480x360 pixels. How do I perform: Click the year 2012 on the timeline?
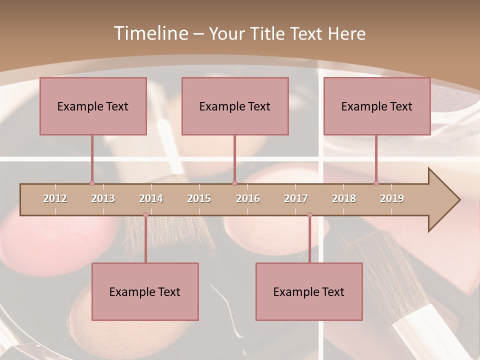pos(55,198)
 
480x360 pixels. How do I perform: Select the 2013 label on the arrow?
pos(103,198)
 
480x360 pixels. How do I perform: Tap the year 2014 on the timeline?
pos(151,198)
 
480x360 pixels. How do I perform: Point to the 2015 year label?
pos(199,198)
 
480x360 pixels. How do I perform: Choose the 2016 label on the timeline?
pos(248,198)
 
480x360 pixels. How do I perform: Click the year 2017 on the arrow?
pos(296,198)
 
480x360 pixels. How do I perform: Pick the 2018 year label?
pos(344,198)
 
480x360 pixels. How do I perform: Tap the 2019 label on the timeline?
pos(392,198)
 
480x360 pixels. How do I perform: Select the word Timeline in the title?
pos(150,33)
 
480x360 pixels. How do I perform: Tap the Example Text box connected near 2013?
pos(93,106)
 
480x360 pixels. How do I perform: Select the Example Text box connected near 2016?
pos(235,106)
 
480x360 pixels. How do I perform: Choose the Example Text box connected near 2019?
pos(377,106)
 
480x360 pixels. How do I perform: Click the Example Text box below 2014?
pos(145,291)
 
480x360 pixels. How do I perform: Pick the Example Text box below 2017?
pos(309,291)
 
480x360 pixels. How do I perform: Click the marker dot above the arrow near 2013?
pos(92,183)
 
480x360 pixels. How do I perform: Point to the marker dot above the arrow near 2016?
pos(234,183)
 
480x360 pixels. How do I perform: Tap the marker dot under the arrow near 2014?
pos(145,215)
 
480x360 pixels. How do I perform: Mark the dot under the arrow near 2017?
pos(309,215)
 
